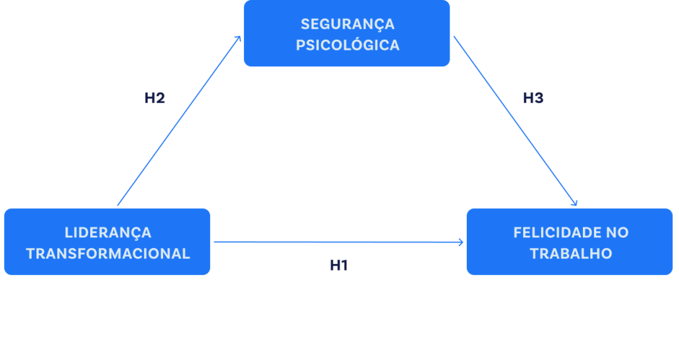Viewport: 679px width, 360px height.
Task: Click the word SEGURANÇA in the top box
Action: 347,25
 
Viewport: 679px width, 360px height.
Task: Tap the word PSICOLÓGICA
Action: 347,46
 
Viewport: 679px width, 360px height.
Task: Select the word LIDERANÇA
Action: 108,233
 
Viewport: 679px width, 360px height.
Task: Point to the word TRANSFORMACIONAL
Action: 108,254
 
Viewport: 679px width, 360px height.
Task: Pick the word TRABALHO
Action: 571,254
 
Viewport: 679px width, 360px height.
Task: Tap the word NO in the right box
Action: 617,233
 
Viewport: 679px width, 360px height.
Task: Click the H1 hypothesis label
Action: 339,265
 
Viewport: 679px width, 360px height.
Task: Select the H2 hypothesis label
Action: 154,98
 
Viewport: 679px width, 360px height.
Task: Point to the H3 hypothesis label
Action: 533,98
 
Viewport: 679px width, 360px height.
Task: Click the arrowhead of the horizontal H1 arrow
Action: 462,242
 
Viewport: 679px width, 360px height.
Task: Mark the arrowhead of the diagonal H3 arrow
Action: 576,203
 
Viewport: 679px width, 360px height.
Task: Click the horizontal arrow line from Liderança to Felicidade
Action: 332,242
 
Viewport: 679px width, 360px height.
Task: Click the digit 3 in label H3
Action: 538,98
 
